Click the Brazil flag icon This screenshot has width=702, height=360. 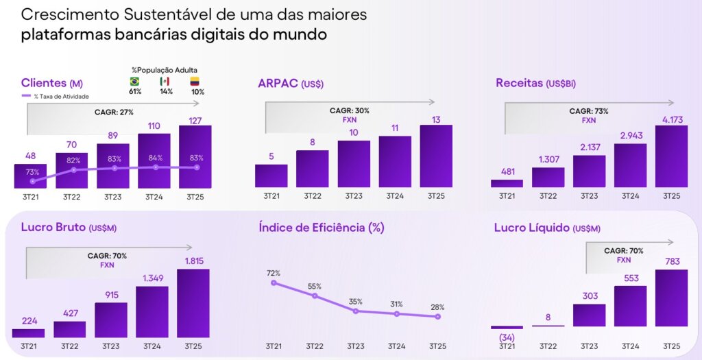click(x=134, y=81)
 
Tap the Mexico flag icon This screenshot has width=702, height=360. click(x=165, y=81)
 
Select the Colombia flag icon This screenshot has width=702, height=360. click(x=195, y=81)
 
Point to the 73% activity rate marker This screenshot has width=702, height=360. click(x=33, y=181)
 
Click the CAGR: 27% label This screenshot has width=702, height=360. click(x=113, y=112)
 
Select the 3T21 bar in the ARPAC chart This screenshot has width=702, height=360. click(x=271, y=176)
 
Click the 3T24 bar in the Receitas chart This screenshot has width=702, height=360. click(x=631, y=165)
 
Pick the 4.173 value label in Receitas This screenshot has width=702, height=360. click(x=671, y=118)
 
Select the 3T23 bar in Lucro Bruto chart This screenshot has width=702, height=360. click(x=111, y=320)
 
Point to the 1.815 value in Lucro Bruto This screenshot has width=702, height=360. click(x=193, y=261)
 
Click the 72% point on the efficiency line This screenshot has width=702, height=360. click(x=274, y=283)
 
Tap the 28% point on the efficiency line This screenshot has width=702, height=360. click(x=437, y=317)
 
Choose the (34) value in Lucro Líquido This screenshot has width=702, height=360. click(x=507, y=337)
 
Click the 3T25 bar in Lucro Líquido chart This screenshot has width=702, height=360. click(x=671, y=298)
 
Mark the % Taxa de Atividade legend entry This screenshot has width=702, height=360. click(x=56, y=97)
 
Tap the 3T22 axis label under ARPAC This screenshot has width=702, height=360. click(x=312, y=196)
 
